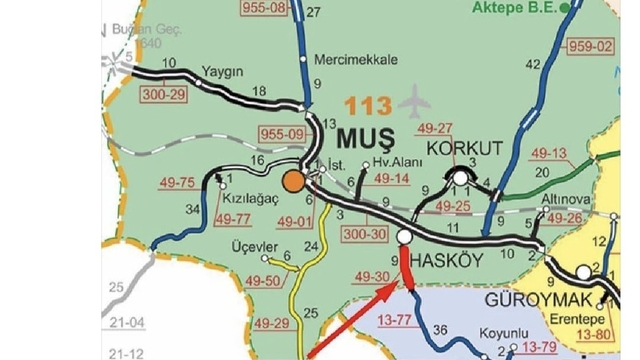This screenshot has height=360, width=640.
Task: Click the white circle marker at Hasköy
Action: (405, 237)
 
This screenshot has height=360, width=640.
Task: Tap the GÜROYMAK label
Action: (536, 300)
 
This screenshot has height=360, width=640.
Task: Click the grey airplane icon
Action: (414, 102)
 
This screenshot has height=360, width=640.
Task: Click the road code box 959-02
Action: (590, 46)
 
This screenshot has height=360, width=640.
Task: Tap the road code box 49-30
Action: (370, 276)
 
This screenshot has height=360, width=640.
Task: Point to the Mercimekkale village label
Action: (350, 58)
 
